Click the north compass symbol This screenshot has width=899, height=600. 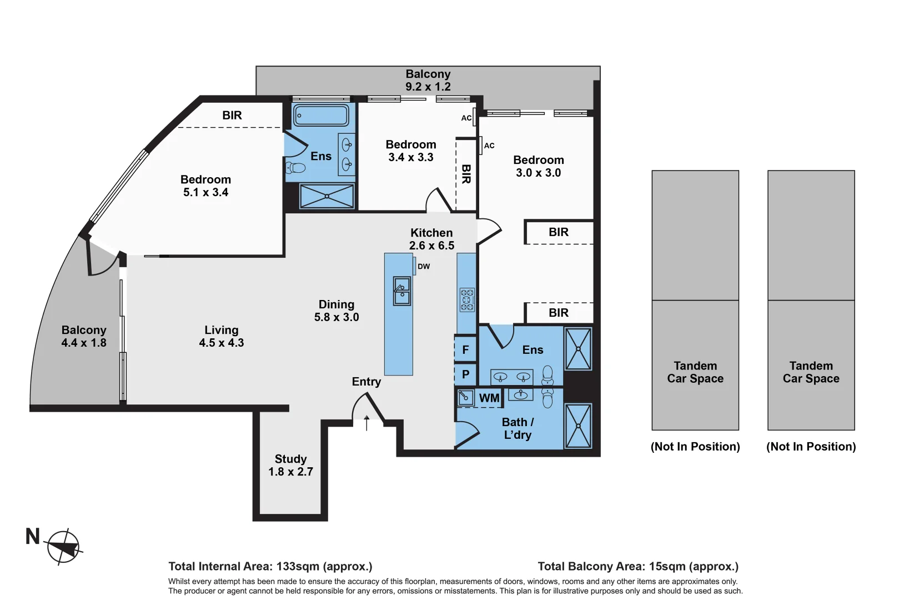coord(63,547)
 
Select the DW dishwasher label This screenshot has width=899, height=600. coord(424,267)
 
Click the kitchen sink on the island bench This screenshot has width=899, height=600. coord(402,291)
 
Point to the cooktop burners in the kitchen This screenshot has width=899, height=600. coord(467,299)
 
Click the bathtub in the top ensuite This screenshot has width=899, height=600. coord(321,116)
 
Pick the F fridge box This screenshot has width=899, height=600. coord(465,350)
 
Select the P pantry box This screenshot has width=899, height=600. coord(465,374)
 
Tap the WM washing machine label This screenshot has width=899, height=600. coord(489,398)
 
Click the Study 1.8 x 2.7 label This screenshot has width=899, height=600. coord(290,465)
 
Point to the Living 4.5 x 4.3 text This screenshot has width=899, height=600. coord(222,336)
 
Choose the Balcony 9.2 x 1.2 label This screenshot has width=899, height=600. coord(428,80)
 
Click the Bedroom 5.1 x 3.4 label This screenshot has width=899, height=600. coord(205,186)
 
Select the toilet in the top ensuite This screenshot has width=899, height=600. coord(296,167)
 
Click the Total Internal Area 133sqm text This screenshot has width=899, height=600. coord(270,566)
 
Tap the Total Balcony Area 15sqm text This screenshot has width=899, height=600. coord(638,566)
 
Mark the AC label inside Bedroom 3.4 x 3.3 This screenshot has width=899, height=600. coord(466,118)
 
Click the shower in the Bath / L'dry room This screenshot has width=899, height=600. coord(578,426)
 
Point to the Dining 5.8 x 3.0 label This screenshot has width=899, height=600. coord(337,311)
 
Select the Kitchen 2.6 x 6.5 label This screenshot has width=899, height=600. coord(431,239)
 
